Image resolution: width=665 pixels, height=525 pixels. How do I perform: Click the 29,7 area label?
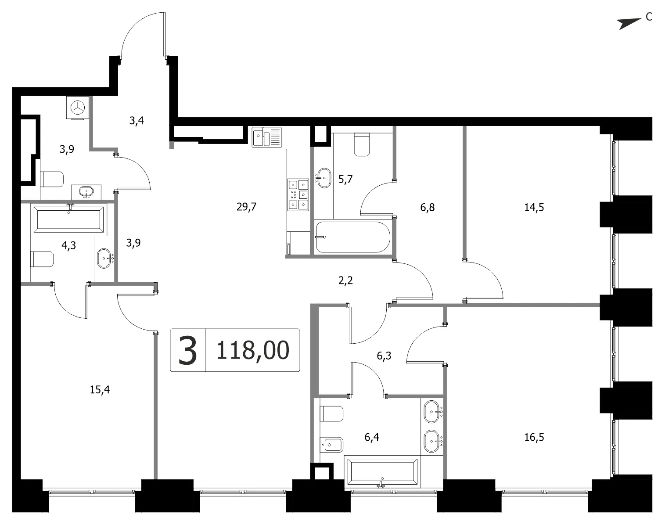point(246,207)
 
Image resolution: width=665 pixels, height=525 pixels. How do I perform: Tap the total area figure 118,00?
point(253,350)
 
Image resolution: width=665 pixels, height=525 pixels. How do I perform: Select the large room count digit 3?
point(187,350)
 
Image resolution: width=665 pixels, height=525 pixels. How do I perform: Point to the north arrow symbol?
point(629,23)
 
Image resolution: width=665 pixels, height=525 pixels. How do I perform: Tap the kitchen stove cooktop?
point(298,194)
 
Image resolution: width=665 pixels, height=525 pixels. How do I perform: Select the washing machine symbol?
point(78,107)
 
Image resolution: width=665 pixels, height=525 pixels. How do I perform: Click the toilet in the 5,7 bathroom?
point(362,144)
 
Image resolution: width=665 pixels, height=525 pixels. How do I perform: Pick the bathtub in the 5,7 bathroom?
point(352,237)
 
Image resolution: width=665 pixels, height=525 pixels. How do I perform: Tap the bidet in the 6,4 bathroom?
point(332,445)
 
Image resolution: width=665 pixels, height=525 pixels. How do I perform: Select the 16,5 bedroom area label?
point(534,437)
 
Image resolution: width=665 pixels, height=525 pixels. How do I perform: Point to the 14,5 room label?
point(534,207)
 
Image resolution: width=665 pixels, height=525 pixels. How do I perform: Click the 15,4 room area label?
point(100,390)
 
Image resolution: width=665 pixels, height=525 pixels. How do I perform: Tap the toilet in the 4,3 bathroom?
point(42,259)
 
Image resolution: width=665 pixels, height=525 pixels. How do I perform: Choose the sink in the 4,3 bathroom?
point(104,258)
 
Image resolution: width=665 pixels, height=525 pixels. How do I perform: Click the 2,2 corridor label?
point(345,280)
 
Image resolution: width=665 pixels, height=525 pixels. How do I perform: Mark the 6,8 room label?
point(428,207)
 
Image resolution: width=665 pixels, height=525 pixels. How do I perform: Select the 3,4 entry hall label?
point(137,121)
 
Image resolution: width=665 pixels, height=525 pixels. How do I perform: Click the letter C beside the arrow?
point(649,17)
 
